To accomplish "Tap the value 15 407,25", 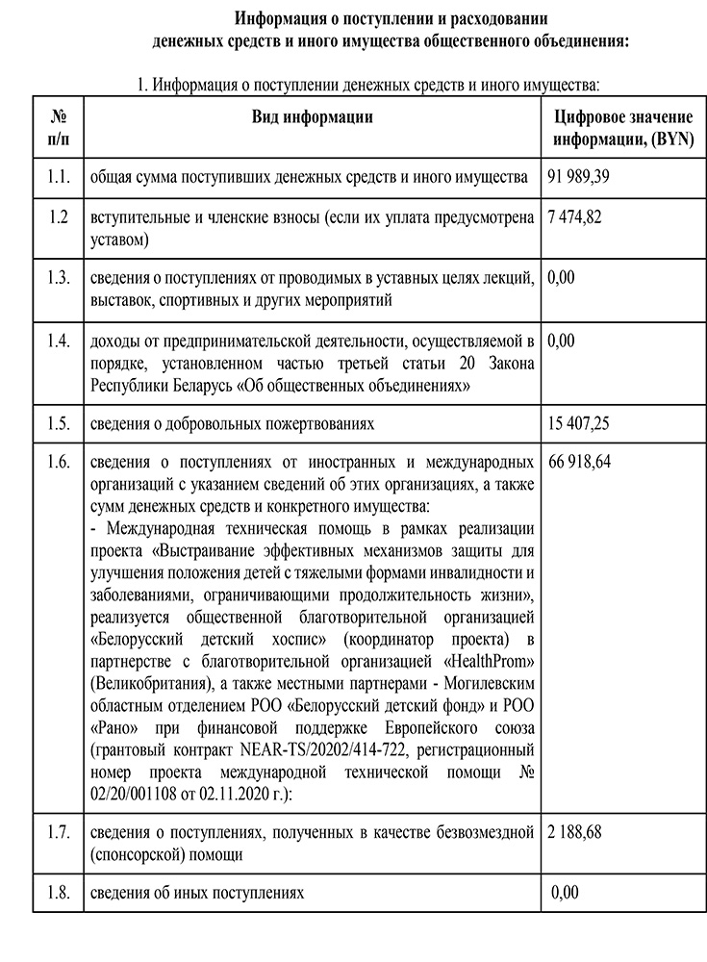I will [579, 422].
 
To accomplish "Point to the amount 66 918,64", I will [579, 462].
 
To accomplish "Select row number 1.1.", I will [59, 177].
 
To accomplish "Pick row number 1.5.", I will [59, 422].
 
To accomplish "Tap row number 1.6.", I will [59, 462].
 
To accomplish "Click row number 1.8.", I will [59, 893].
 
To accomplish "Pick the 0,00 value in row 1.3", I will [561, 278].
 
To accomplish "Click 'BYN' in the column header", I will [667, 139].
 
